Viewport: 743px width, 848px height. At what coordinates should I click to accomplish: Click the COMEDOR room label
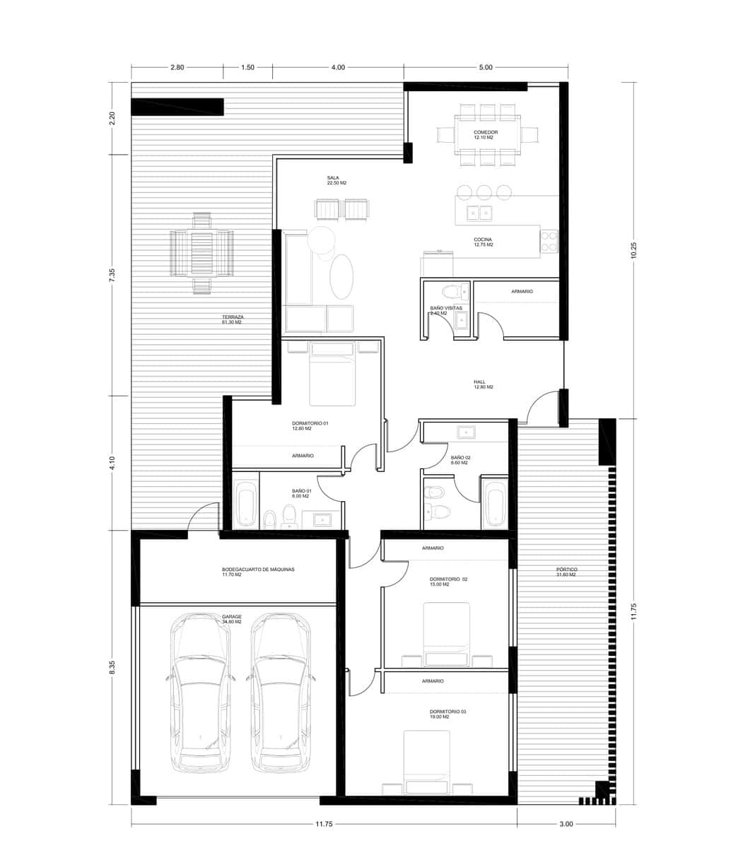[x=486, y=132]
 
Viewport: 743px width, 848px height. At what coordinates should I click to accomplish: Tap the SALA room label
[x=333, y=177]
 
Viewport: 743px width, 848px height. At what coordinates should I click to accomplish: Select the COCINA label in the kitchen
[x=483, y=240]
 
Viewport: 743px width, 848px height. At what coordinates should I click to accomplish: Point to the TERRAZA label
[x=233, y=317]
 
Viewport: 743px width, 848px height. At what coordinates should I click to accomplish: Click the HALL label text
[x=480, y=382]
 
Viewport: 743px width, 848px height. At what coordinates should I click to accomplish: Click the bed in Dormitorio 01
[x=332, y=375]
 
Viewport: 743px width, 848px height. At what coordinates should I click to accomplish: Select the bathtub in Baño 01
[x=245, y=505]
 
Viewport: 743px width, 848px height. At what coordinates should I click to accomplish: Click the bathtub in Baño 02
[x=494, y=503]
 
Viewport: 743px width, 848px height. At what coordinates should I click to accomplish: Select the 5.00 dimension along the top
[x=486, y=68]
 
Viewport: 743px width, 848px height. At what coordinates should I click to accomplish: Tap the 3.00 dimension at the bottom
[x=566, y=823]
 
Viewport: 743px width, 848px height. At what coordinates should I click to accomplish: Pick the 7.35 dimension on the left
[x=111, y=276]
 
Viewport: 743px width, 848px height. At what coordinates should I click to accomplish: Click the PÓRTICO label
[x=566, y=570]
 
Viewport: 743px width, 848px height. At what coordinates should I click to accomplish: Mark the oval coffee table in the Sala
[x=342, y=276]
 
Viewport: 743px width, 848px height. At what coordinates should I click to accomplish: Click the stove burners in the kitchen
[x=549, y=241]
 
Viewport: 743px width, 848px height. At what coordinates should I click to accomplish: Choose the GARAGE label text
[x=232, y=616]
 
